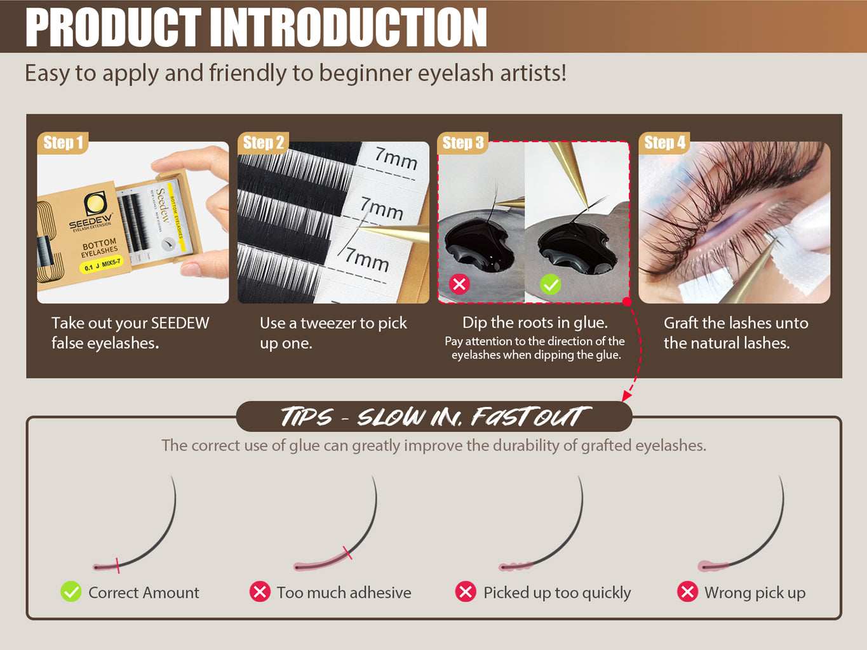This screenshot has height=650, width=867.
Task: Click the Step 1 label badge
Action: [x=63, y=143]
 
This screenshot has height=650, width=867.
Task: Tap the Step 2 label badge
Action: [x=264, y=143]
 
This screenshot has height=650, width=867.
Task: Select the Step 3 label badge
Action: [x=463, y=143]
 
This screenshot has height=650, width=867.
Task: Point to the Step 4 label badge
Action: [x=664, y=143]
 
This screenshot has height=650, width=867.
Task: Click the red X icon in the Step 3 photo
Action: [x=459, y=284]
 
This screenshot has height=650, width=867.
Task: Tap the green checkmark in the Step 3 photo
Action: [x=550, y=284]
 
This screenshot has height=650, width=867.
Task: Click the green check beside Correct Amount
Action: [x=71, y=592]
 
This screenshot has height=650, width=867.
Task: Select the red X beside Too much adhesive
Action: [x=259, y=592]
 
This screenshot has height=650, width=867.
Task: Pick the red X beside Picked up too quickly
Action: [x=466, y=592]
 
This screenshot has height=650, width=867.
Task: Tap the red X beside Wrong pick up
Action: [x=687, y=592]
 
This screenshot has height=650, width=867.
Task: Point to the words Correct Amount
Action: [x=144, y=592]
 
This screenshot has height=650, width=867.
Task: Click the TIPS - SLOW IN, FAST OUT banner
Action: [x=434, y=417]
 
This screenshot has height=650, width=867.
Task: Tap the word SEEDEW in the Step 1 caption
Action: [x=180, y=323]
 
